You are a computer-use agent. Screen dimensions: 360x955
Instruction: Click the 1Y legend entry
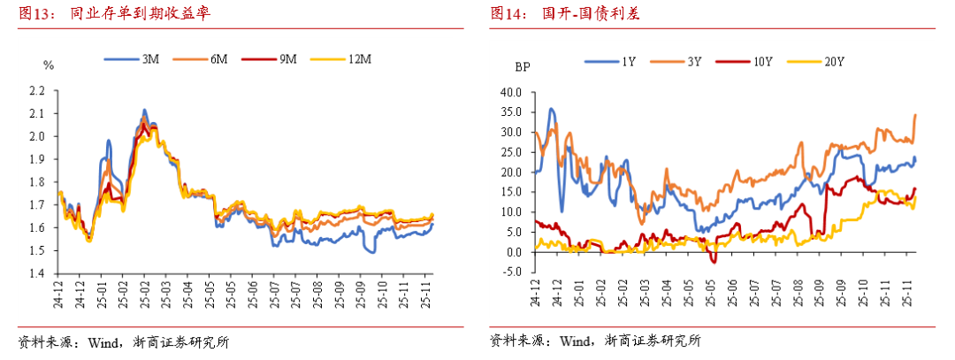pos(610,61)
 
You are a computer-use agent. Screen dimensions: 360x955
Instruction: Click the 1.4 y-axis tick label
pos(36,274)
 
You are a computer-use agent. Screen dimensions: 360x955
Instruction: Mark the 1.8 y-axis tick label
pos(36,182)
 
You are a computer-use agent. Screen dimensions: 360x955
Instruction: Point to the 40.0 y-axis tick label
pos(512,92)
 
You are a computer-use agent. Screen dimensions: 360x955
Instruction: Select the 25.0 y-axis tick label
pos(512,152)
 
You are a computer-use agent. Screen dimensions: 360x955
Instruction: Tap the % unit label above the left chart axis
pos(49,65)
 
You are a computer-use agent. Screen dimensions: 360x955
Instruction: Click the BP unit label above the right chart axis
pos(523,66)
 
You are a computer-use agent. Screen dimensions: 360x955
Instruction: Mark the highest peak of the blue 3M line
pos(144,111)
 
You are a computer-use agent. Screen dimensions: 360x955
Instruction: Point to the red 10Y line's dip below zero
pos(714,260)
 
